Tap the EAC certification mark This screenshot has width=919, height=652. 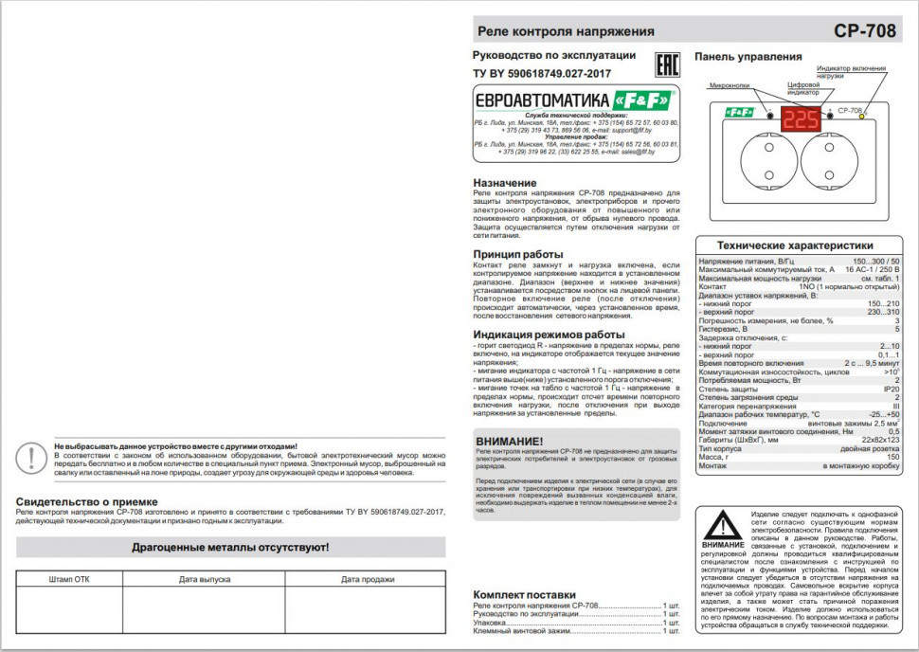click(669, 63)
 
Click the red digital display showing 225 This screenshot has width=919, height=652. click(802, 119)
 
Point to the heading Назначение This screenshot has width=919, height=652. click(504, 183)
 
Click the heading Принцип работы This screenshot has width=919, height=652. click(517, 254)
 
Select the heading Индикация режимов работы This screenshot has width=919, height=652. click(549, 335)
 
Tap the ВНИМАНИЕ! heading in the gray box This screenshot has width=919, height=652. click(510, 442)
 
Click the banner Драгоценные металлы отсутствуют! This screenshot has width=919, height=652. click(230, 548)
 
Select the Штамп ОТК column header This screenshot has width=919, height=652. click(69, 579)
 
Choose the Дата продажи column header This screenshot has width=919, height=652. click(368, 579)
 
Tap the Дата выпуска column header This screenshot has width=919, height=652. click(204, 579)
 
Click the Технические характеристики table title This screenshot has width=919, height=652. click(794, 244)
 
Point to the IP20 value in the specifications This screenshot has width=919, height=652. click(891, 389)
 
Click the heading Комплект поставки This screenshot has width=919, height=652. click(524, 594)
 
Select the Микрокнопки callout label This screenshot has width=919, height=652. click(730, 85)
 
